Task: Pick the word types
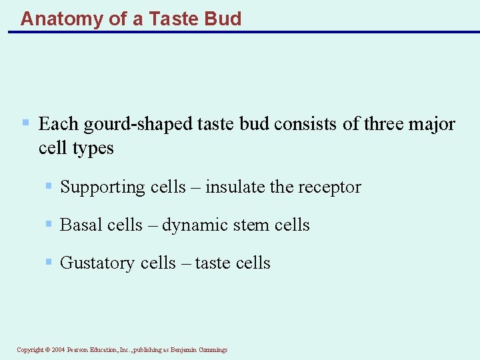(93, 148)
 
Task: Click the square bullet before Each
(25, 123)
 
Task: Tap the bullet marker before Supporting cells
(49, 186)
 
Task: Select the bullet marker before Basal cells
(49, 224)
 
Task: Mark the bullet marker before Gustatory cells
(49, 262)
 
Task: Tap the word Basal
(78, 225)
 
